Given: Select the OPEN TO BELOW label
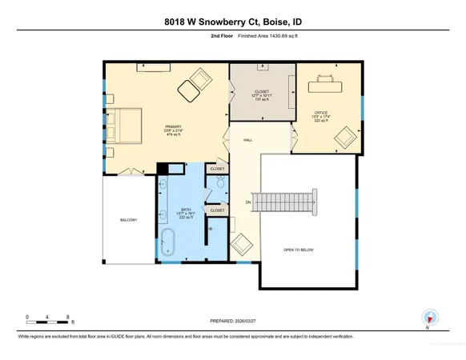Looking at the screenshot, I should click(x=298, y=250).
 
